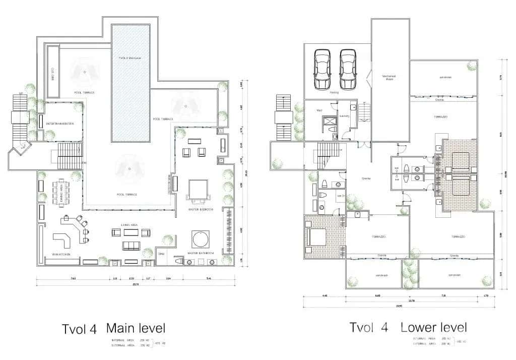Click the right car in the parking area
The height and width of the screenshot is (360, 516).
click(x=348, y=69)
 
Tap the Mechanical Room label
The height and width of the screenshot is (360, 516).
click(x=389, y=78)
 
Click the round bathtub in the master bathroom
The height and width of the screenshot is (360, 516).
click(x=200, y=238)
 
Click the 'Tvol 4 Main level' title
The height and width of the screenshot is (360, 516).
click(x=114, y=329)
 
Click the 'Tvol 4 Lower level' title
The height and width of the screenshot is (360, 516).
click(x=408, y=327)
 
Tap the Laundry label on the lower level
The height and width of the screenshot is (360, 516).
click(x=345, y=115)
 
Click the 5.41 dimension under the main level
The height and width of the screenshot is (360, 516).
click(x=209, y=278)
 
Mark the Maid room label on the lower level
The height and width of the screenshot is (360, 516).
click(x=319, y=109)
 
